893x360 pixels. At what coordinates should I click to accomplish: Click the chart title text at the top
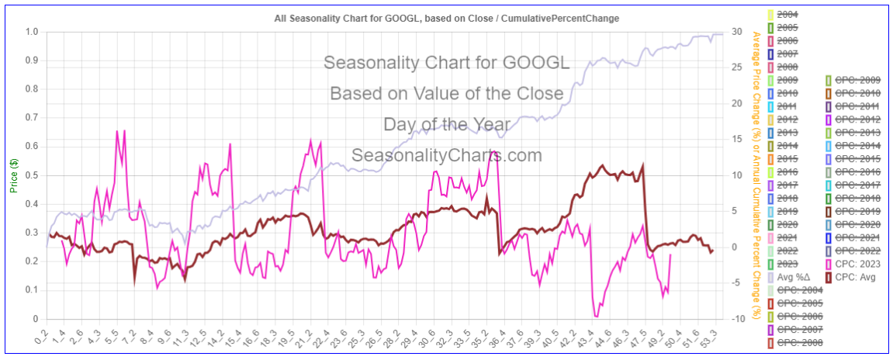pos(446,17)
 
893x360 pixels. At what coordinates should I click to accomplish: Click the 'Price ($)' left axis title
pos(14,175)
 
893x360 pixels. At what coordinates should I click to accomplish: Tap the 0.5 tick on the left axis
pos(32,175)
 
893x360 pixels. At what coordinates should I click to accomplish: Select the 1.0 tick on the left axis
pos(32,32)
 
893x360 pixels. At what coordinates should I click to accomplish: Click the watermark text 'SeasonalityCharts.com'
pos(447,155)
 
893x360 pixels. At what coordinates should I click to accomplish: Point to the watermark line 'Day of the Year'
pos(447,124)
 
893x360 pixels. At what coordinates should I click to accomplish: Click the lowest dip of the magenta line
pos(596,317)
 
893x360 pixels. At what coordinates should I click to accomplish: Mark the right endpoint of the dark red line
pos(712,250)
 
